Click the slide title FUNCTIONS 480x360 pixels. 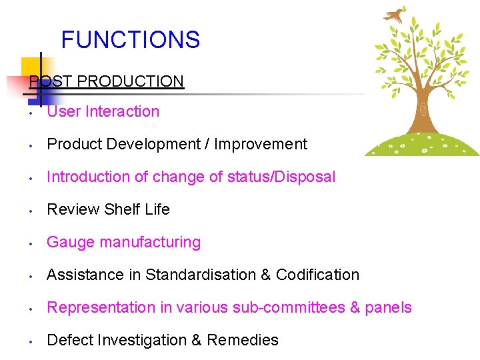click(x=130, y=40)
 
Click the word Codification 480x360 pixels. click(x=317, y=275)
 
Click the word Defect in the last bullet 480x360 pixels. click(x=70, y=340)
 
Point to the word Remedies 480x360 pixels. click(x=243, y=340)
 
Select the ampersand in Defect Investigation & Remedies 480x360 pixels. click(x=197, y=340)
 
